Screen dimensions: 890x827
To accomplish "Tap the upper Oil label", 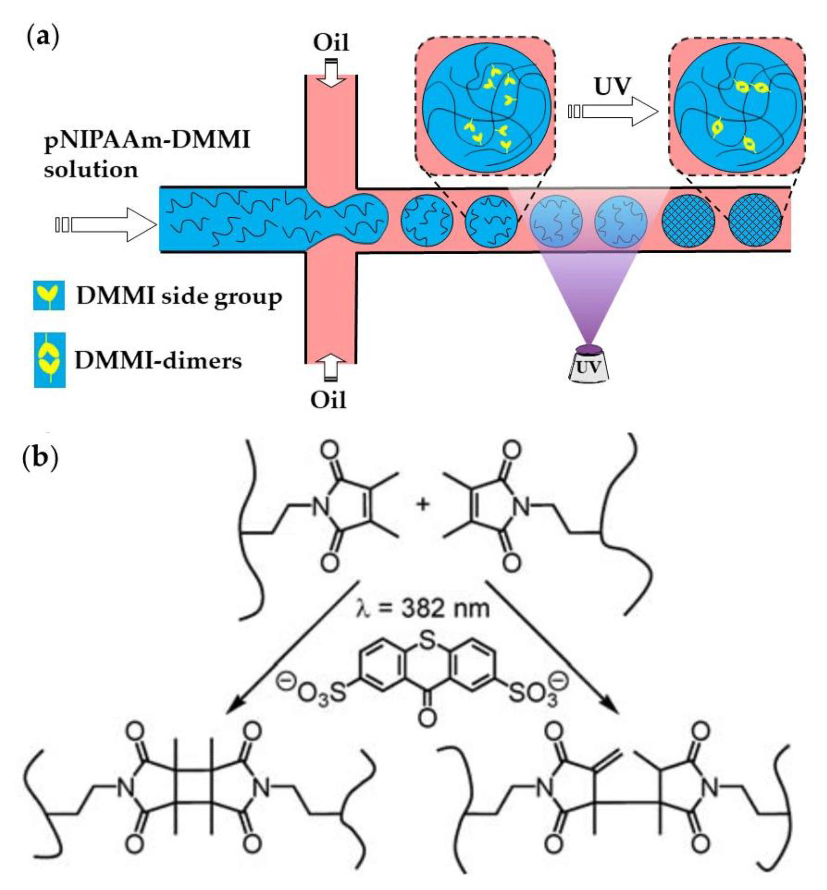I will [331, 43].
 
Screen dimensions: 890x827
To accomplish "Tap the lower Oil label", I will [329, 400].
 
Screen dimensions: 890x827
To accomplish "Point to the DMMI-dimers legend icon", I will [50, 360].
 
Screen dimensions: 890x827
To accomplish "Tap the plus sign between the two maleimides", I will [422, 506].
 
